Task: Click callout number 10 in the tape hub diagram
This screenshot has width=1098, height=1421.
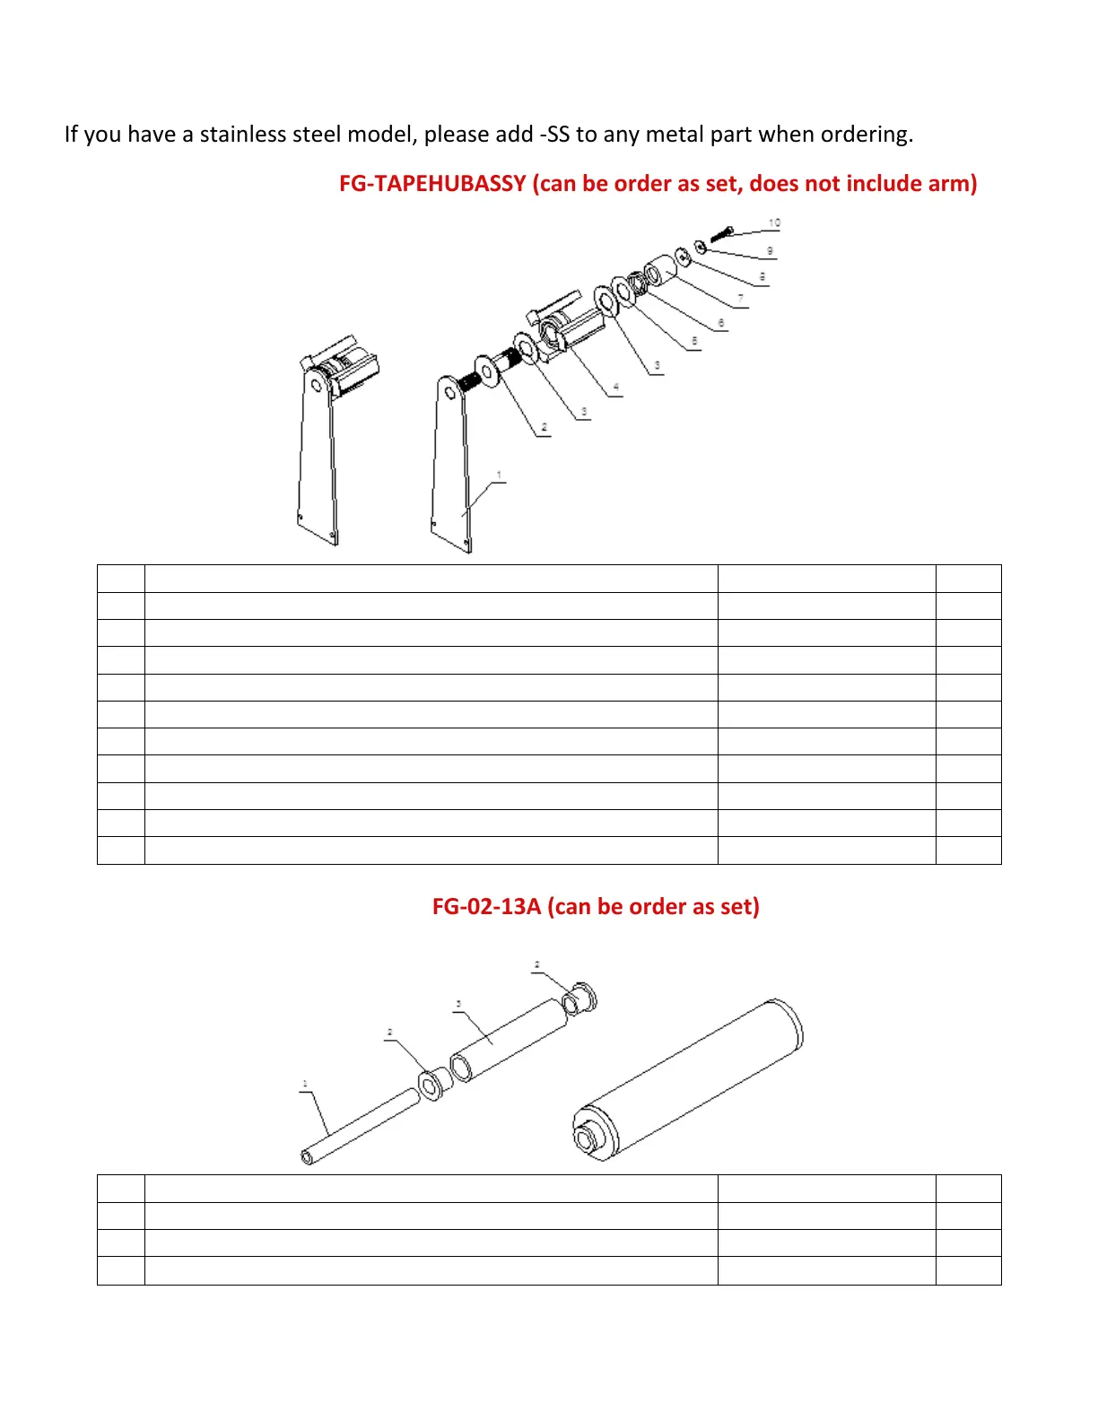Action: click(774, 222)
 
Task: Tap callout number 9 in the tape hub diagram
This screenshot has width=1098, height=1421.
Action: click(770, 251)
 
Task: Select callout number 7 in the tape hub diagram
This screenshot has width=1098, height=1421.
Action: click(740, 298)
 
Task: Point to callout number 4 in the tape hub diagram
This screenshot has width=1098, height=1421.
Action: click(615, 388)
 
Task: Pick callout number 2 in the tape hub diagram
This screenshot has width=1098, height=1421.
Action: click(544, 427)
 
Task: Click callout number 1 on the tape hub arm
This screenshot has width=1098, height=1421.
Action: click(499, 475)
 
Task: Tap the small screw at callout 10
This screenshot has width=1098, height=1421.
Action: click(722, 235)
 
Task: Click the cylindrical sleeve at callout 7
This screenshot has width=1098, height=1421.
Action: click(664, 269)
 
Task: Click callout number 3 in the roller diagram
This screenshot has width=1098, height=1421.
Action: click(458, 1004)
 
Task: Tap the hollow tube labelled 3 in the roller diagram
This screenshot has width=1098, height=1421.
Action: click(510, 1041)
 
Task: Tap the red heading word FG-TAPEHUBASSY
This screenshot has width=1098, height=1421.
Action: click(431, 184)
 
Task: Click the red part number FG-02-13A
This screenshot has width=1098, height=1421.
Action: click(486, 907)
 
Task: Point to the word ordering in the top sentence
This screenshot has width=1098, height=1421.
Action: click(866, 135)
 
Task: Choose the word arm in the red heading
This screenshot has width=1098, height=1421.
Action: click(954, 184)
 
